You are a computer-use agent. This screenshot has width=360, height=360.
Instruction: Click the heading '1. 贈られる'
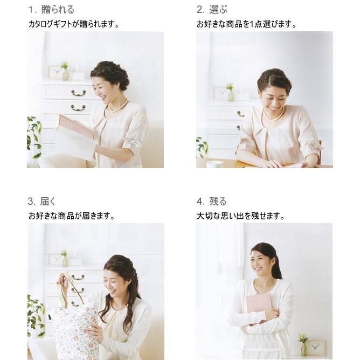click(51, 10)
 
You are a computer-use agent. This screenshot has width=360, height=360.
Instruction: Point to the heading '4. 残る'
click(211, 202)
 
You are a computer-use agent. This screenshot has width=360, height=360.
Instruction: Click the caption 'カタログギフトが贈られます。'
click(74, 24)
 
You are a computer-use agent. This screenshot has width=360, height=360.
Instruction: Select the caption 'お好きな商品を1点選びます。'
click(247, 24)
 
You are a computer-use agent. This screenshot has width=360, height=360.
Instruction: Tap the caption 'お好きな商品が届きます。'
click(72, 216)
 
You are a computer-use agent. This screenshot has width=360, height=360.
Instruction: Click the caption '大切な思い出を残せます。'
click(240, 216)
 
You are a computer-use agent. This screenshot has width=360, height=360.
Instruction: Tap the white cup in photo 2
click(215, 164)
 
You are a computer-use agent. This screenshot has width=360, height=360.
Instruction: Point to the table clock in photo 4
click(317, 347)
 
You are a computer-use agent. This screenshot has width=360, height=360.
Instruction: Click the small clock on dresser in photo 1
click(54, 72)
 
